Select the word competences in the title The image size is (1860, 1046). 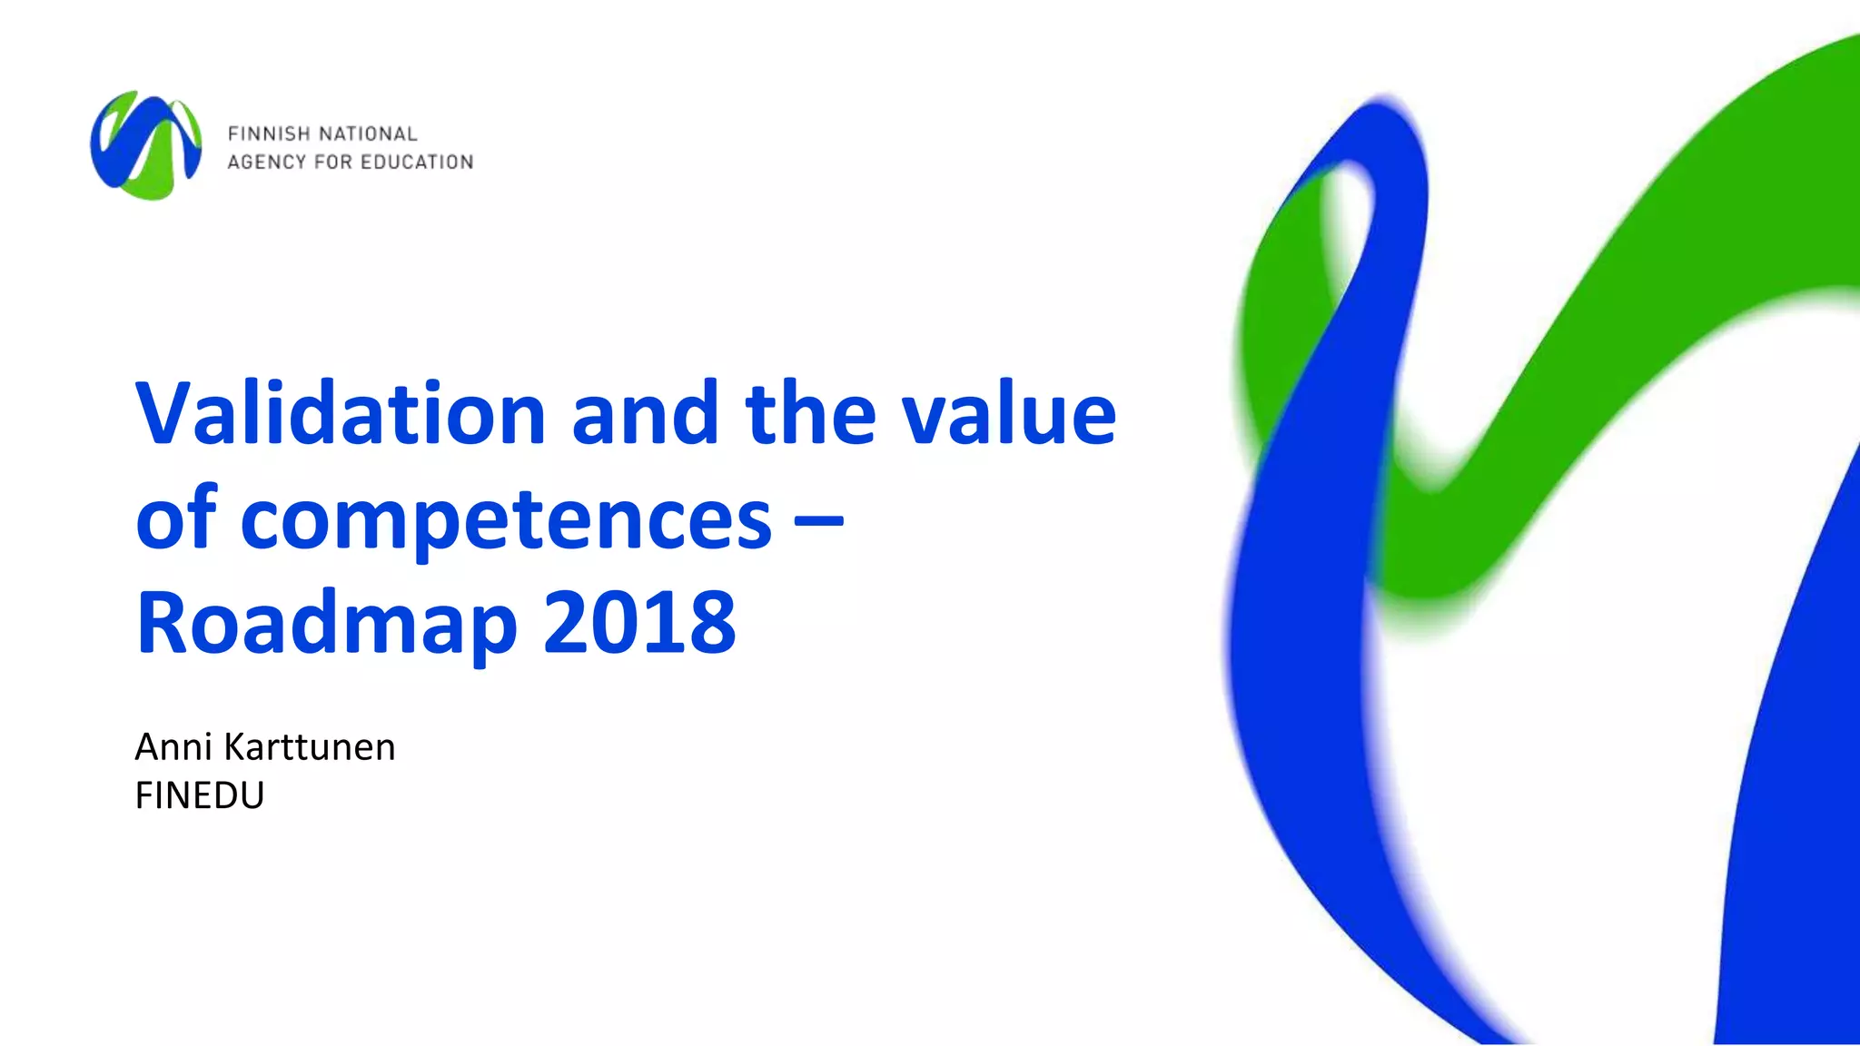pyautogui.click(x=506, y=519)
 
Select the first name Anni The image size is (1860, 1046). pyautogui.click(x=173, y=747)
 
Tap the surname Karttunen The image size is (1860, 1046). pyautogui.click(x=310, y=747)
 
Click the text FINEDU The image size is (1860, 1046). pyautogui.click(x=200, y=795)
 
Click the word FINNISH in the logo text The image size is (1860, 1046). pyautogui.click(x=270, y=134)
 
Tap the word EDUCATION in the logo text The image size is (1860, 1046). pyautogui.click(x=417, y=163)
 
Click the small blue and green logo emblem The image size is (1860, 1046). pyautogui.click(x=145, y=145)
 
